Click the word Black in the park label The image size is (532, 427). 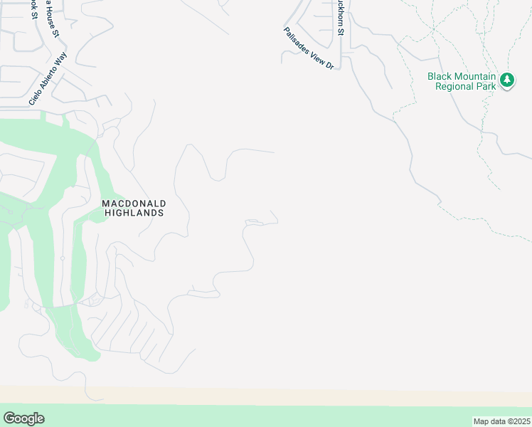click(x=440, y=76)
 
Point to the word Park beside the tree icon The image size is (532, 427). click(x=485, y=86)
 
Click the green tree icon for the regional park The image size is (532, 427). click(x=507, y=80)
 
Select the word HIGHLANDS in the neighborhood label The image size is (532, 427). click(x=134, y=213)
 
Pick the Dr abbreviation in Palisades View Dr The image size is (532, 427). click(x=329, y=65)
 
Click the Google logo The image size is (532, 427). click(x=23, y=418)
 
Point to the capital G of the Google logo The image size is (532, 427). click(x=9, y=418)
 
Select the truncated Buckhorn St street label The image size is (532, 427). click(x=341, y=19)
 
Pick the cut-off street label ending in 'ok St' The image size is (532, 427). click(x=33, y=9)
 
